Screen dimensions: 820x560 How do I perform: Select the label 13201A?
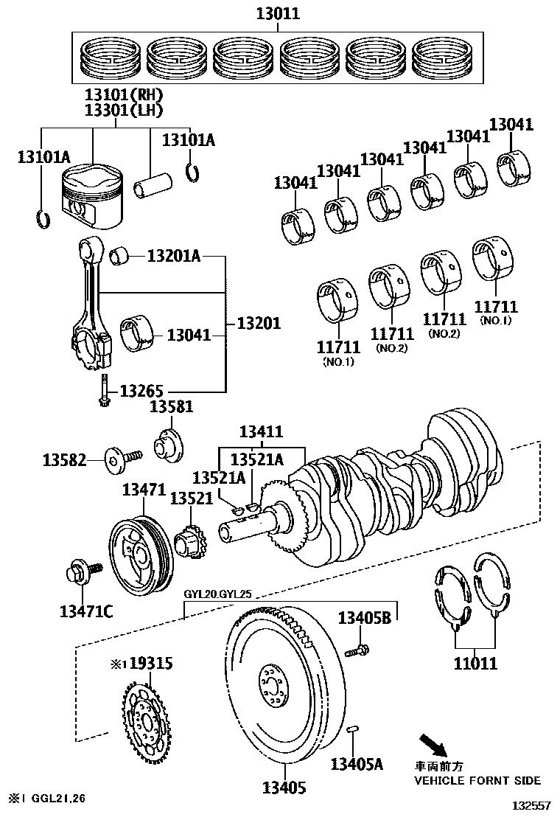point(173,256)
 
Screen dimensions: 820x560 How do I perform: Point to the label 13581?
point(172,406)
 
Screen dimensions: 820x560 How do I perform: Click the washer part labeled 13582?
point(114,460)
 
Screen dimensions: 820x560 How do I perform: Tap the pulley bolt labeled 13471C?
point(77,571)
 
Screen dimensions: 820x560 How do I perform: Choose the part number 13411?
point(260,431)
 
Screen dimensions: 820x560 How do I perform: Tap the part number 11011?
point(475,663)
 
